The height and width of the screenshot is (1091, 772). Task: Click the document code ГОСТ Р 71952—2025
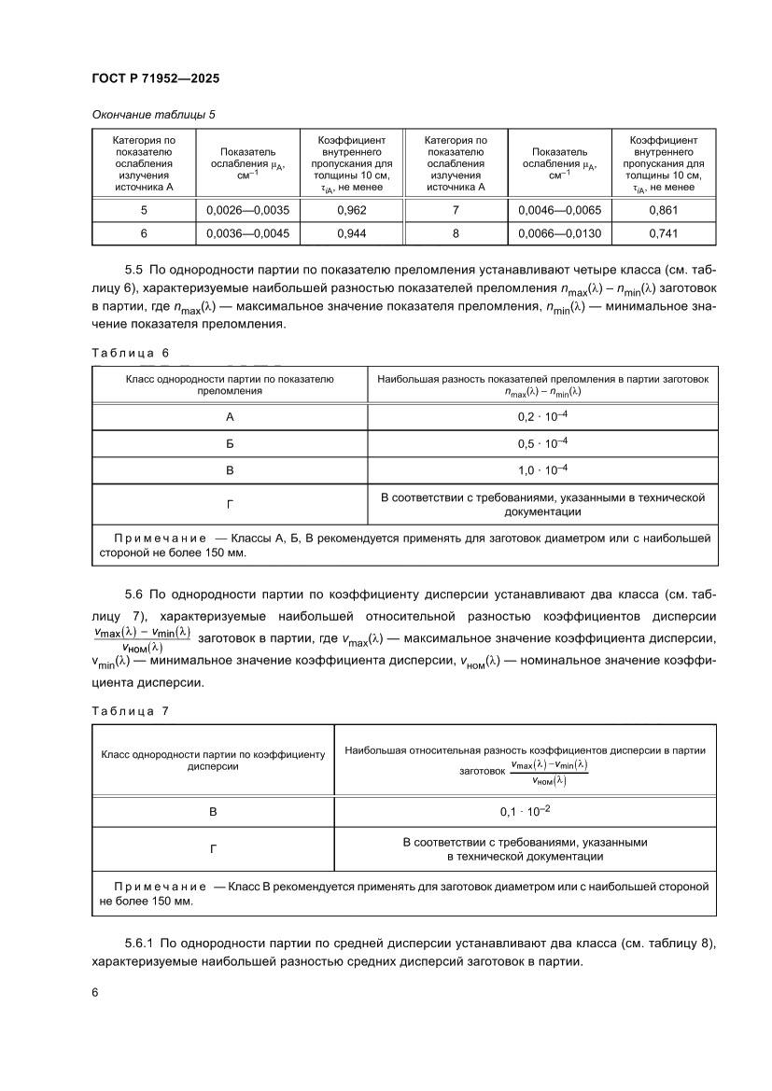click(x=154, y=79)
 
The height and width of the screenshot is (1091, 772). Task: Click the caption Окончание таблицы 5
click(x=154, y=114)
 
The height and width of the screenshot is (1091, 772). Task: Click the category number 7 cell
click(x=455, y=211)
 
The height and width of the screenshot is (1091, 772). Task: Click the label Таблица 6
click(x=130, y=352)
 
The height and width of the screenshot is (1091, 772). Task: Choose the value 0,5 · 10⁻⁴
click(x=542, y=443)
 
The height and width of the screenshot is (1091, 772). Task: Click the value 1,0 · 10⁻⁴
click(x=542, y=469)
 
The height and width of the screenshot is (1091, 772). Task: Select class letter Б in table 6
click(x=230, y=443)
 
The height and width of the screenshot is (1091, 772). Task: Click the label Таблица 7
click(x=130, y=710)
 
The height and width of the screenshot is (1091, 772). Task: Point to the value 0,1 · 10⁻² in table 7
click(x=525, y=812)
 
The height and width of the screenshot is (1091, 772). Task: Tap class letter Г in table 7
click(x=212, y=848)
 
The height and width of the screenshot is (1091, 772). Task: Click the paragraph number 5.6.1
click(x=144, y=944)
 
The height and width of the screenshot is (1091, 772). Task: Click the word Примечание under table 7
click(x=160, y=885)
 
